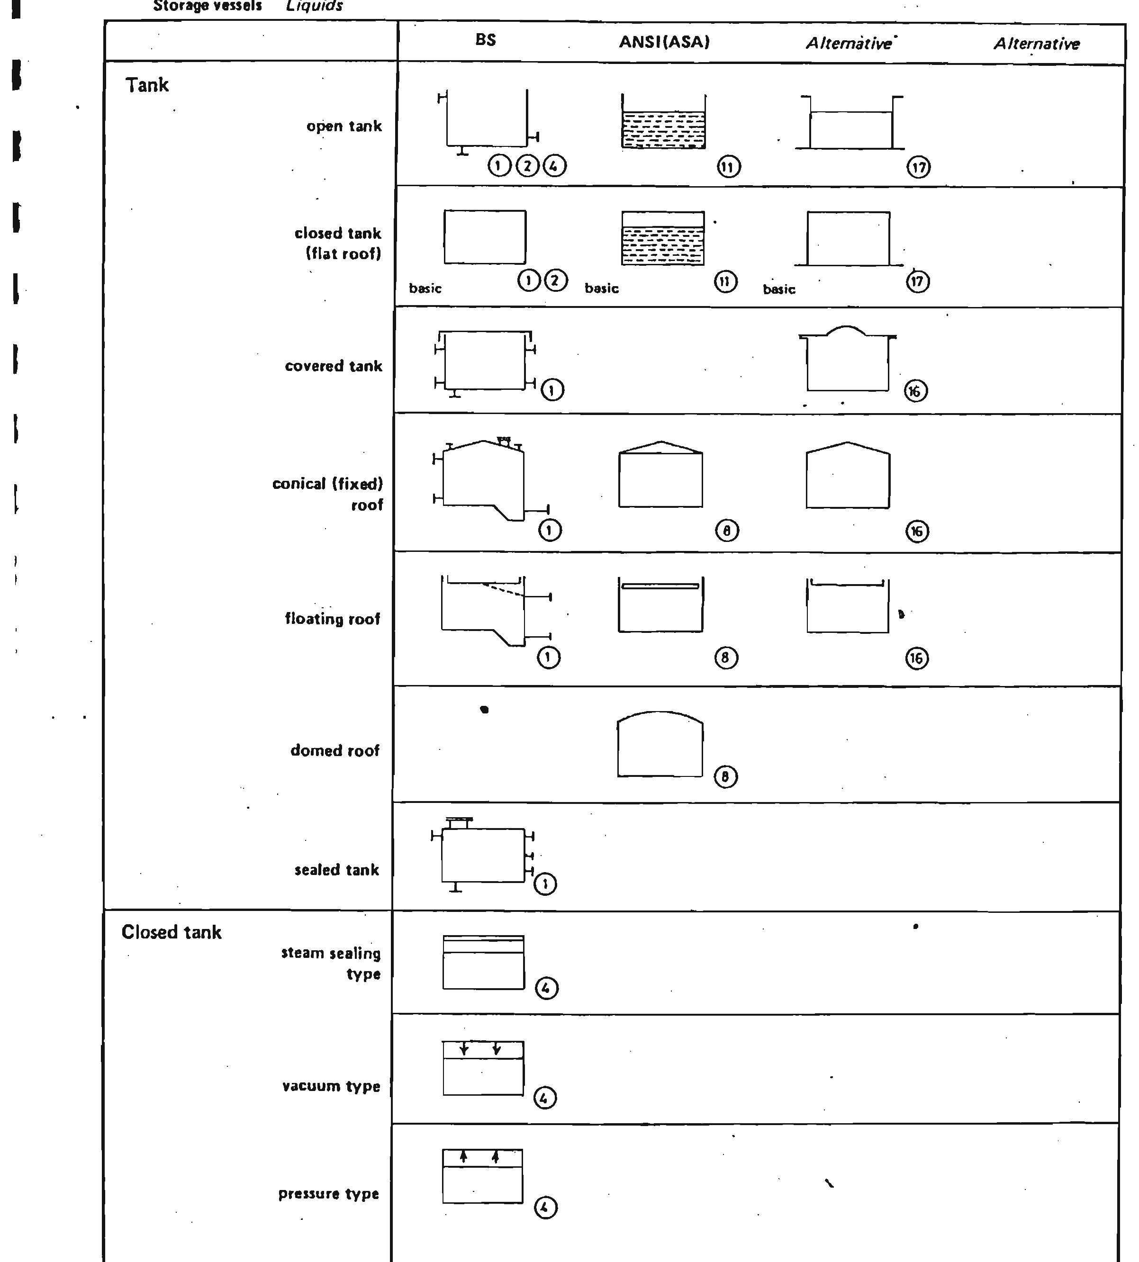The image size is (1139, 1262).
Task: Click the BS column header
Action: coord(486,40)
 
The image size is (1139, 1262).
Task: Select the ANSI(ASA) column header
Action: coord(664,42)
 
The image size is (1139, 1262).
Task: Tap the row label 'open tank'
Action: coord(344,126)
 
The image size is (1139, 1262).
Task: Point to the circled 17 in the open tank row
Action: coord(918,168)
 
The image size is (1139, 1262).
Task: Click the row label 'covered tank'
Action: coord(333,366)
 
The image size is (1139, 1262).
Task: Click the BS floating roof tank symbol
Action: coord(488,610)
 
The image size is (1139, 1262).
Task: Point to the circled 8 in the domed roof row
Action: coord(725,777)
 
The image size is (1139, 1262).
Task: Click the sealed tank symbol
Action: coord(483,855)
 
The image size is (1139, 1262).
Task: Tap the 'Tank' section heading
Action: coord(147,85)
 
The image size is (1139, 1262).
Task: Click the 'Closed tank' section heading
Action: coord(172,932)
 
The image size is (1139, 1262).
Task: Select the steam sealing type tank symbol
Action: coord(483,962)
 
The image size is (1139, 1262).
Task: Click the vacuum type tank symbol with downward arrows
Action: coord(483,1068)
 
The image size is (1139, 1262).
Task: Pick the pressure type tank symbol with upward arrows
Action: coord(482,1176)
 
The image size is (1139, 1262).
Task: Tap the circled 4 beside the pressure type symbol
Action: coord(544,1208)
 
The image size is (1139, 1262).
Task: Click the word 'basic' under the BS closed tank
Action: coord(425,288)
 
